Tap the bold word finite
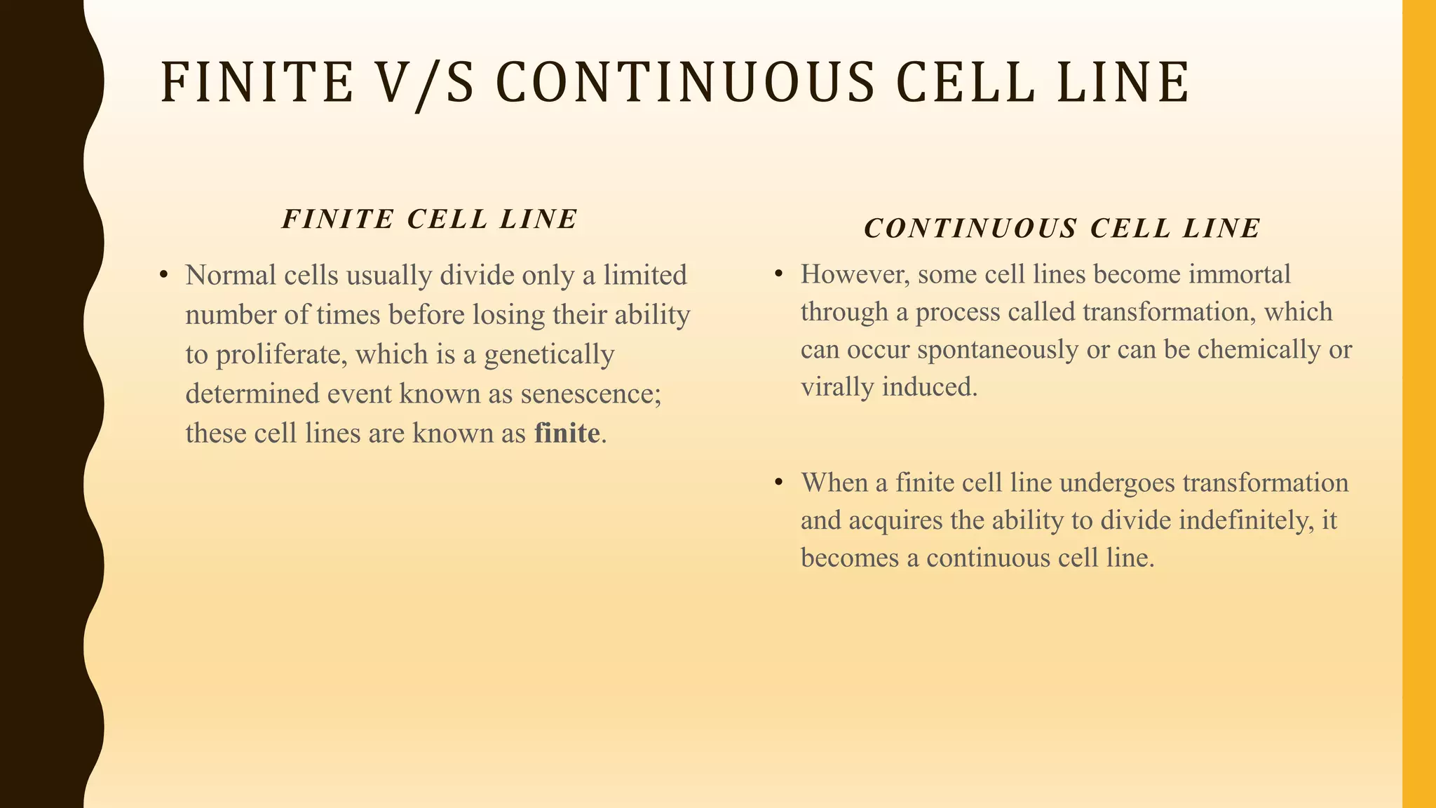567,433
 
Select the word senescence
590,394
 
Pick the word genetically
549,355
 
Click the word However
855,274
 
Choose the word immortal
1240,274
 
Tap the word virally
838,387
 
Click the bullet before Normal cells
163,275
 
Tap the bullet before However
778,274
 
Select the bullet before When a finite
778,483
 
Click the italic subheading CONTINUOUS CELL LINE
1062,229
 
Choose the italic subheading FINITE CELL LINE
430,220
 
